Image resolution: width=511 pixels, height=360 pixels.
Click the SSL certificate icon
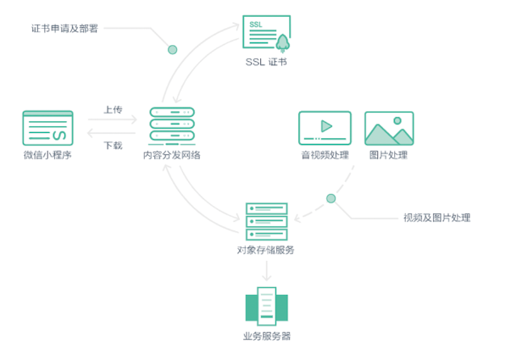[266, 34]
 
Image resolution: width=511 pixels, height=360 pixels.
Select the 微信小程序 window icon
[47, 128]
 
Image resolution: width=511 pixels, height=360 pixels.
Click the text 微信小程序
[47, 156]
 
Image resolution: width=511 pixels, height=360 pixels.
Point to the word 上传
[113, 110]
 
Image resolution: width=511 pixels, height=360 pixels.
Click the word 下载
[113, 145]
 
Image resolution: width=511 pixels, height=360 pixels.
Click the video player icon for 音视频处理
[325, 128]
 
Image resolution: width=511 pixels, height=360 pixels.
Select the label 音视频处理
[325, 156]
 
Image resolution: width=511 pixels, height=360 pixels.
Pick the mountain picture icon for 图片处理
[389, 128]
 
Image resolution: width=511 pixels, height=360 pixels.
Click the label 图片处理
[389, 156]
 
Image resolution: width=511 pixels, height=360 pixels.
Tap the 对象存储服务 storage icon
[266, 221]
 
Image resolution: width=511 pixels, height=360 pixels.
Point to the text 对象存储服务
[266, 250]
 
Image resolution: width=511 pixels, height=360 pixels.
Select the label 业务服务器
[266, 336]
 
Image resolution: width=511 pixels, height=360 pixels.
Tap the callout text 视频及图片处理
[436, 218]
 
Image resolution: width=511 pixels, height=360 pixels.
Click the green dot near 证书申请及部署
[173, 50]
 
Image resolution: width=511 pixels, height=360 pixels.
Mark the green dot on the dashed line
[331, 198]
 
